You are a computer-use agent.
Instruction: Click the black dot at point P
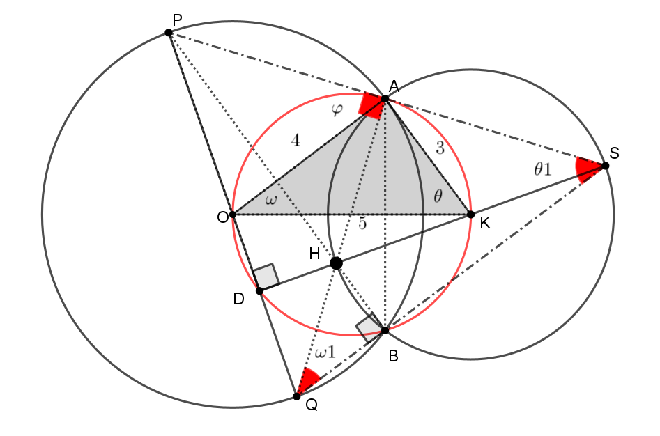click(x=169, y=32)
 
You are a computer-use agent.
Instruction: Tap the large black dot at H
click(x=336, y=263)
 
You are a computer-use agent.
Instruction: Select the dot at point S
click(x=605, y=166)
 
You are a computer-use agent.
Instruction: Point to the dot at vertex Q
click(x=297, y=396)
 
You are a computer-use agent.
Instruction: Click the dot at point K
click(x=471, y=215)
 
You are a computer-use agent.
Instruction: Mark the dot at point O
click(x=233, y=215)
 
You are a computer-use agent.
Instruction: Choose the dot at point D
click(x=260, y=291)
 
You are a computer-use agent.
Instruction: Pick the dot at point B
click(x=385, y=330)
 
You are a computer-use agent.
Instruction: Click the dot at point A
click(x=385, y=99)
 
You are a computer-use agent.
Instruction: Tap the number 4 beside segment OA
click(x=296, y=141)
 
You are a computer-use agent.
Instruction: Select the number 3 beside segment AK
click(x=440, y=148)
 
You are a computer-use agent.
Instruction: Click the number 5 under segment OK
click(x=362, y=224)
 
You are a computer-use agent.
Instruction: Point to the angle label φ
click(x=337, y=110)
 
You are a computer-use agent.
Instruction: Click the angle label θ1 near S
click(x=542, y=169)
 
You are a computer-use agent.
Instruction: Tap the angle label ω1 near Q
click(x=325, y=352)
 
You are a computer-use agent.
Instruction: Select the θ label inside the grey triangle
click(x=438, y=196)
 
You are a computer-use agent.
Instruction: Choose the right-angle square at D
click(x=266, y=277)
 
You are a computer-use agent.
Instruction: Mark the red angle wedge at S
click(x=587, y=169)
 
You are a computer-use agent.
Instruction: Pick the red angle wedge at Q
click(x=307, y=380)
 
